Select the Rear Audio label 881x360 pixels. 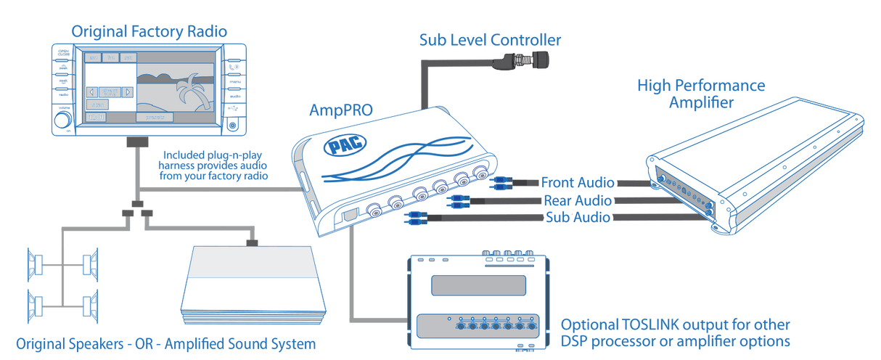coord(577,200)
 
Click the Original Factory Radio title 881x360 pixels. coord(149,31)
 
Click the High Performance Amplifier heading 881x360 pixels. coord(700,95)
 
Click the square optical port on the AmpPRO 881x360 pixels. coord(349,215)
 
